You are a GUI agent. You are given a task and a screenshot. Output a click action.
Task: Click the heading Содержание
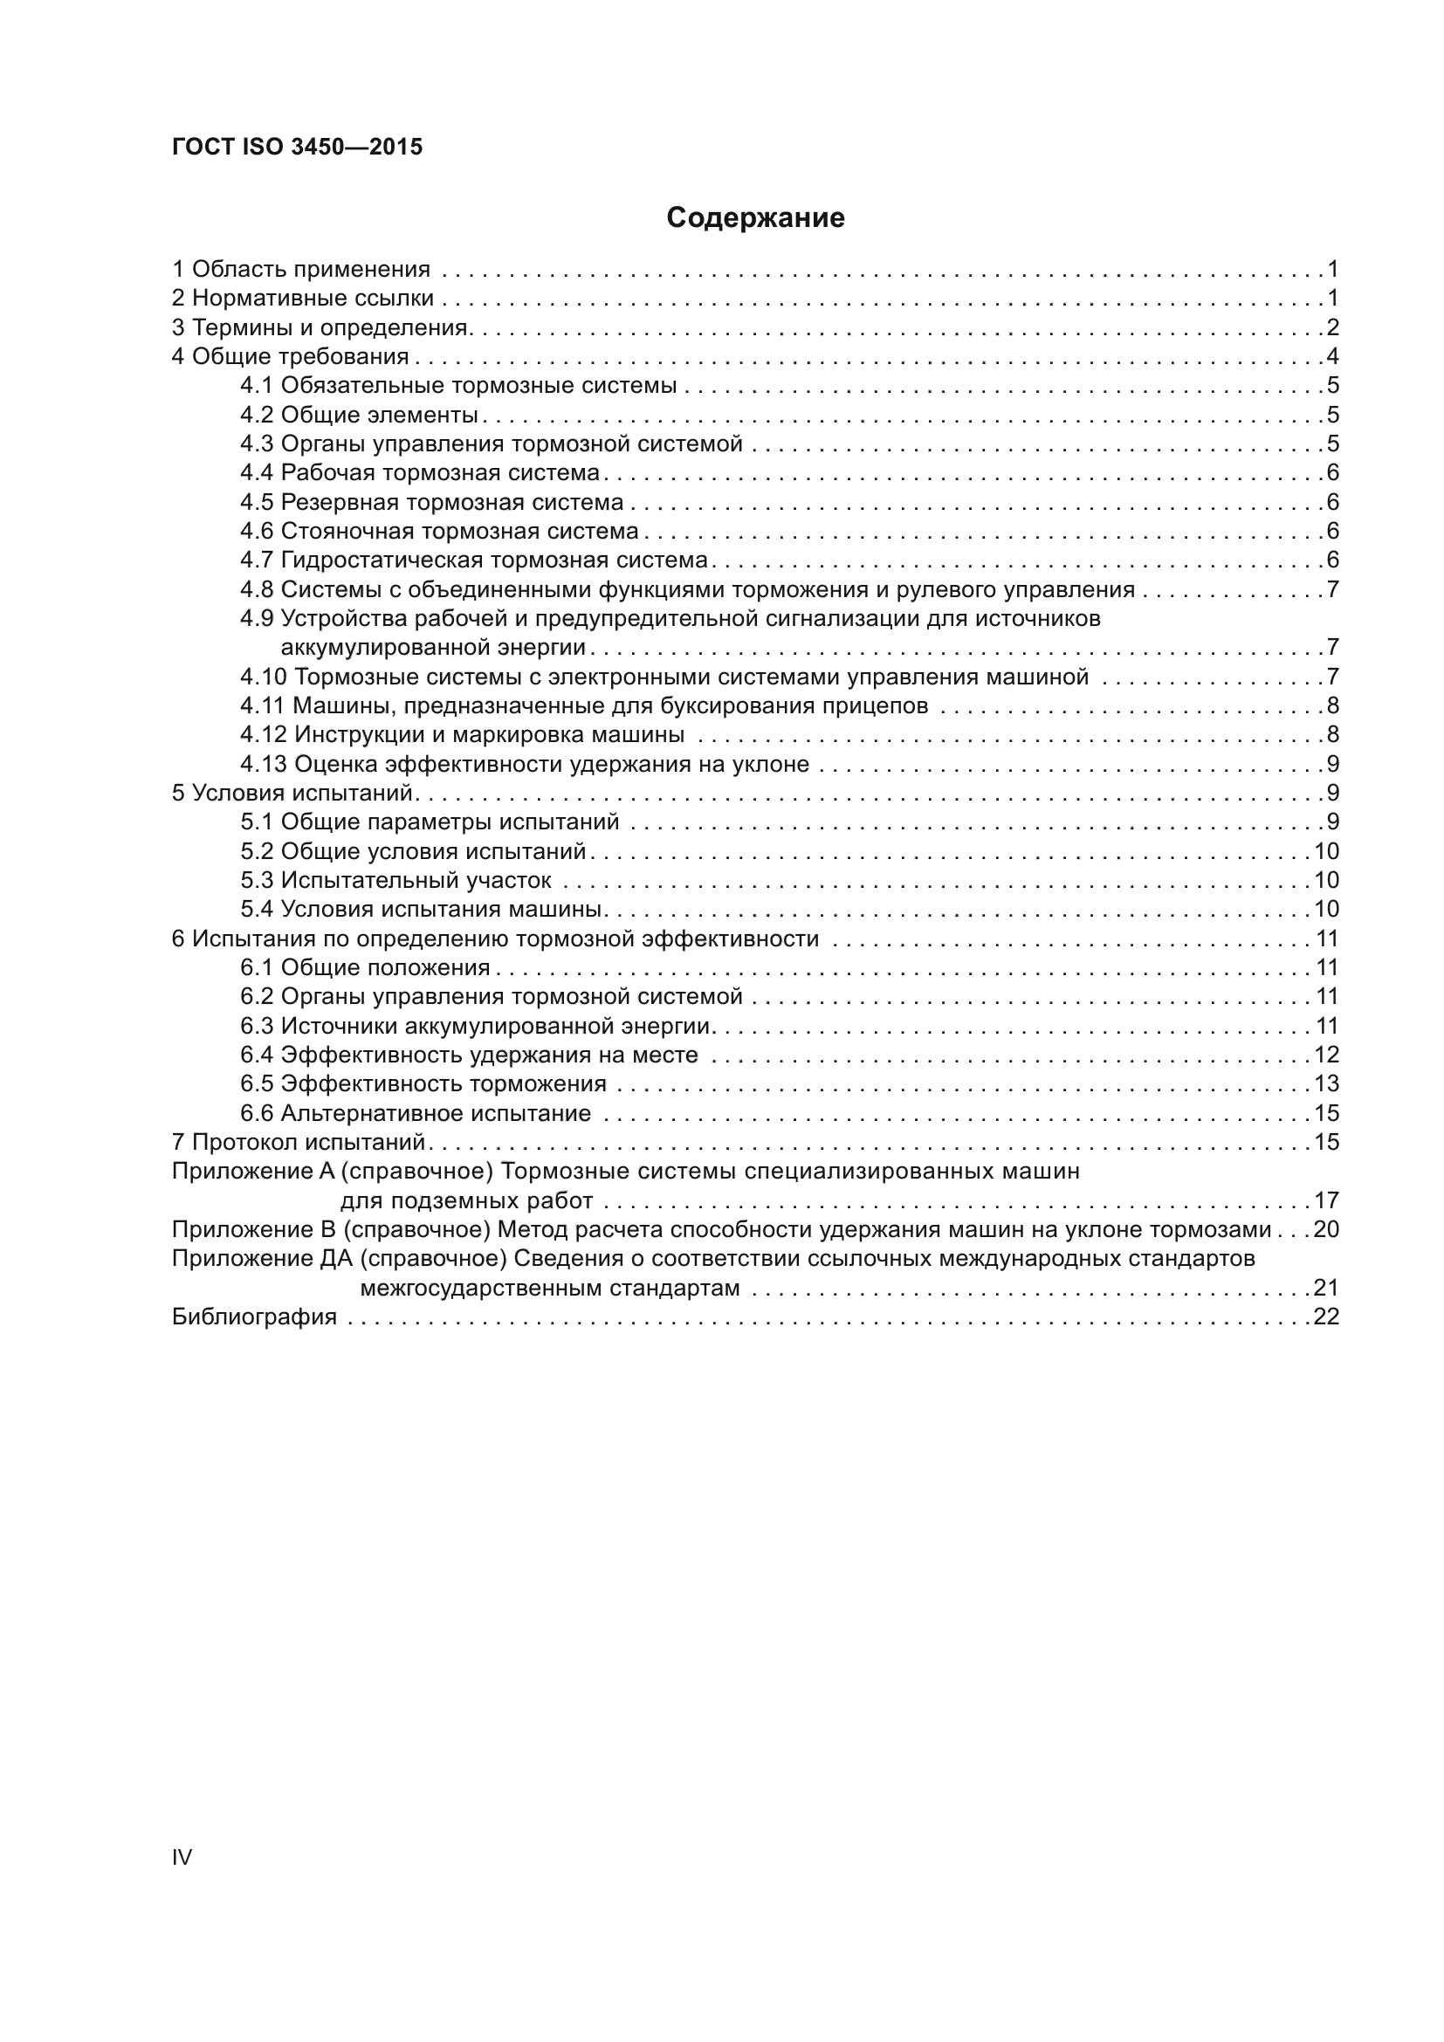point(755,218)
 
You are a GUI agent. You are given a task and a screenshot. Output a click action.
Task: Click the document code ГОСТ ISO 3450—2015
point(297,148)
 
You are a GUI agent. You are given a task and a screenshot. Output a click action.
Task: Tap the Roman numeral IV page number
point(182,1857)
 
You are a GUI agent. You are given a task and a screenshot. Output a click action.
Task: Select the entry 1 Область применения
point(300,269)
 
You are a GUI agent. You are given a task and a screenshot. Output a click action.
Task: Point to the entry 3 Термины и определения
point(320,327)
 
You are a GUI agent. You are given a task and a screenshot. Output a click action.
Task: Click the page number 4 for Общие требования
point(1332,357)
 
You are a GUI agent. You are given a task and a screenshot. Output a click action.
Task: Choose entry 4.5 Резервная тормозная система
point(431,503)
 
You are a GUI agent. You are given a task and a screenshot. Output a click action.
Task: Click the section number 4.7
point(256,560)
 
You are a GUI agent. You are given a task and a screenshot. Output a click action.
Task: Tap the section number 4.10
point(262,677)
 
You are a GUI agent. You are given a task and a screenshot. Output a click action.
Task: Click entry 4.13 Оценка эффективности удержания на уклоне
point(525,764)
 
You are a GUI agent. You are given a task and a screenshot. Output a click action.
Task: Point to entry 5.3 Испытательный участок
point(395,881)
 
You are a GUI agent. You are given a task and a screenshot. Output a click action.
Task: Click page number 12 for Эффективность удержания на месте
point(1327,1055)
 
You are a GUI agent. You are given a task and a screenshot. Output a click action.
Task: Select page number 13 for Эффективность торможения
point(1327,1084)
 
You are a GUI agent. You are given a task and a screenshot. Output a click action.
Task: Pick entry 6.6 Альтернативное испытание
point(416,1113)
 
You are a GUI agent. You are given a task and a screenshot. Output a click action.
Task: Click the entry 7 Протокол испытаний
point(299,1142)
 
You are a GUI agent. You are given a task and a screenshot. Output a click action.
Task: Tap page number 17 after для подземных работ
point(1327,1200)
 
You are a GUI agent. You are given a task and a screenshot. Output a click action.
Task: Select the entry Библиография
point(254,1317)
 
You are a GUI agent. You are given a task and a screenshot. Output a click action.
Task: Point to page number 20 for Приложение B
point(1327,1230)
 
